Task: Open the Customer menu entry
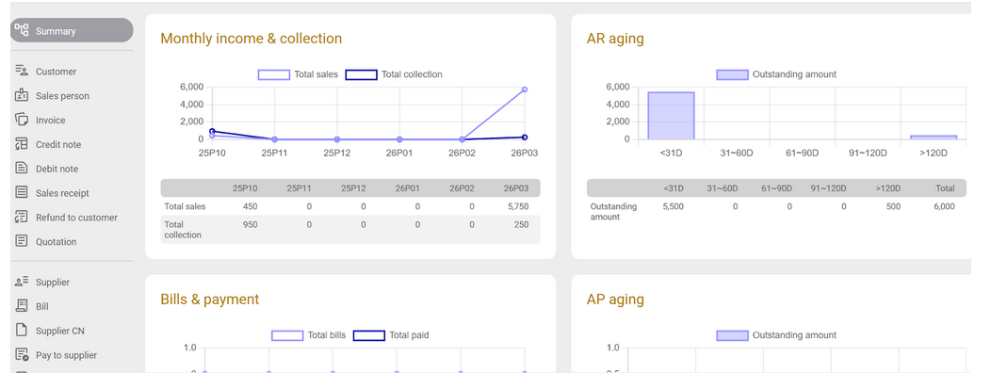pos(56,72)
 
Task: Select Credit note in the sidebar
pos(57,144)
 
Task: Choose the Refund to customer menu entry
pos(76,218)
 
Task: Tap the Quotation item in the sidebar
pos(56,242)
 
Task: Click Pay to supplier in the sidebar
pos(66,355)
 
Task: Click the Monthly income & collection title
pos(251,39)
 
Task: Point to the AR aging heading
pos(614,39)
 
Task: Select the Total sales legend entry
pos(299,74)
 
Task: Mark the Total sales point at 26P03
pos(524,89)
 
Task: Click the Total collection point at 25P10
pos(212,132)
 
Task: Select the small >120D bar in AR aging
pos(933,138)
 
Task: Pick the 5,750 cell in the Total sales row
pos(514,205)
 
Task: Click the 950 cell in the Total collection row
pos(250,225)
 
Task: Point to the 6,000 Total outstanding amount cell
pos(943,205)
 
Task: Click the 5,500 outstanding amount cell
pos(673,205)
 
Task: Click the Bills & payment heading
pos(209,300)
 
